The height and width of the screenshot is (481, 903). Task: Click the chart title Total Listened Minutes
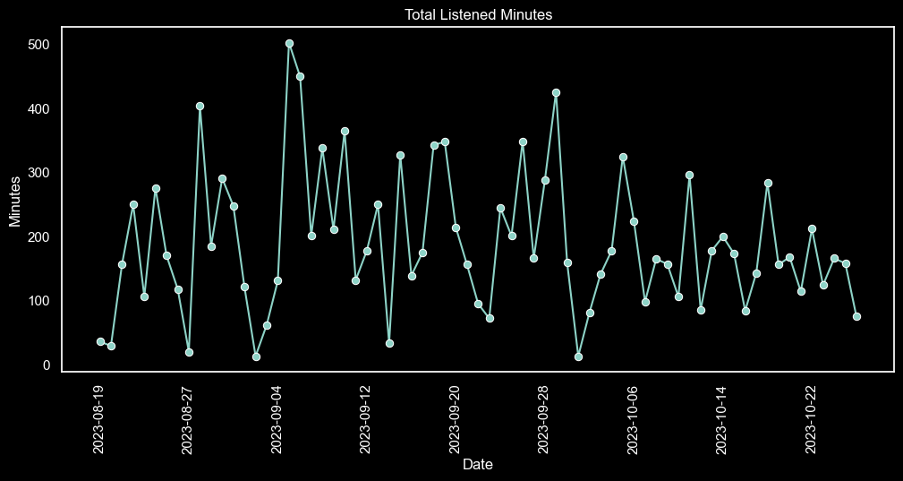pyautogui.click(x=477, y=14)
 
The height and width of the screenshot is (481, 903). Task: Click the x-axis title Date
pyautogui.click(x=477, y=465)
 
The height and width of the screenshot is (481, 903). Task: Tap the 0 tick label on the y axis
pyautogui.click(x=45, y=365)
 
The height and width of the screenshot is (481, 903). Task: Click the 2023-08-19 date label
pyautogui.click(x=99, y=419)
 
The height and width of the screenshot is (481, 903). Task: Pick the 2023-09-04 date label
pyautogui.click(x=277, y=419)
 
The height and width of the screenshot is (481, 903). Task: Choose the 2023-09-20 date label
pyautogui.click(x=456, y=419)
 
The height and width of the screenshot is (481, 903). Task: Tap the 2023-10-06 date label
pyautogui.click(x=634, y=419)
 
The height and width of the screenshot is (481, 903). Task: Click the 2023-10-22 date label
pyautogui.click(x=812, y=419)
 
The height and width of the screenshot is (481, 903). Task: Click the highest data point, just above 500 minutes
pyautogui.click(x=289, y=43)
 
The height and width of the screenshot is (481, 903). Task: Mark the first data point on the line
pyautogui.click(x=100, y=341)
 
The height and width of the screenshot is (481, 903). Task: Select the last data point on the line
pyautogui.click(x=856, y=316)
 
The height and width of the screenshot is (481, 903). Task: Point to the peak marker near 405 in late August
pyautogui.click(x=200, y=106)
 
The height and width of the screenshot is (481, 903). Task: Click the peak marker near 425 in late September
pyautogui.click(x=556, y=92)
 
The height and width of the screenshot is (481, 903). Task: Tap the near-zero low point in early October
pyautogui.click(x=578, y=356)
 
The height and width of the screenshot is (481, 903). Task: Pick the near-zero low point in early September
pyautogui.click(x=256, y=356)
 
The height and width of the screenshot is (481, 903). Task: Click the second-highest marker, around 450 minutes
pyautogui.click(x=300, y=76)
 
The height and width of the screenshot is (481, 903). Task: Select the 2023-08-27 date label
pyautogui.click(x=188, y=419)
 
